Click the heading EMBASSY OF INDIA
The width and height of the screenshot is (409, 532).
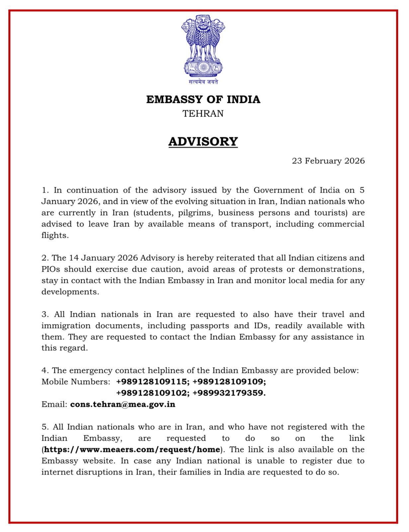203,99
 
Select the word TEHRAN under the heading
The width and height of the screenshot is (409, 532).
203,114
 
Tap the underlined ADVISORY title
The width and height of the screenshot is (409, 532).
203,141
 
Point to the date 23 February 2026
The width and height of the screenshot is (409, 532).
328,161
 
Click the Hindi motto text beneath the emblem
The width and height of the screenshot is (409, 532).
203,82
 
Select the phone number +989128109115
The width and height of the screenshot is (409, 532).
153,382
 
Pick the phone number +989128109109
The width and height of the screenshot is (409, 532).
229,382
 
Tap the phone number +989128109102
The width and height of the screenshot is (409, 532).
153,393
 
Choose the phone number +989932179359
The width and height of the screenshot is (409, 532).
229,393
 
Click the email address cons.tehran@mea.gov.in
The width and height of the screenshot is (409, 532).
123,404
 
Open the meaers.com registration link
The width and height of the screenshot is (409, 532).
132,449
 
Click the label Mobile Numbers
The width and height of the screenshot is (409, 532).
76,382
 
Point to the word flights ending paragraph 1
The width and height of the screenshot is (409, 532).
54,235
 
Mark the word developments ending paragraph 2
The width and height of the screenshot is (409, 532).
70,292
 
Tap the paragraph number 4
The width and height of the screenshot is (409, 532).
45,370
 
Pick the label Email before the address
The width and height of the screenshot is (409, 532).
54,404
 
